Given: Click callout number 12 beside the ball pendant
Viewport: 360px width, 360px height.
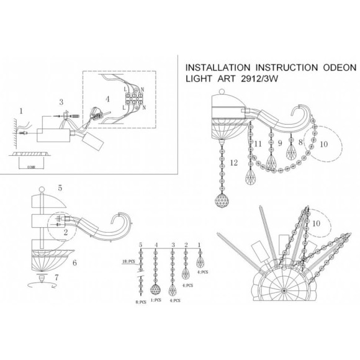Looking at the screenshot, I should (233, 163).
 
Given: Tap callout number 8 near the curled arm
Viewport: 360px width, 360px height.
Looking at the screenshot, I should (301, 142).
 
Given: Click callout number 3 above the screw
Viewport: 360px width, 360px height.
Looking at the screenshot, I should (60, 102).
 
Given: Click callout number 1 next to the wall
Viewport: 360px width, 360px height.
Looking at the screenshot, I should (20, 112).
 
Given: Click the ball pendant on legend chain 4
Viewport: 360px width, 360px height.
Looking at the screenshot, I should (156, 290).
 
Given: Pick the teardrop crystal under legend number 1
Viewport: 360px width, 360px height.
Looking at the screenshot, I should (199, 255).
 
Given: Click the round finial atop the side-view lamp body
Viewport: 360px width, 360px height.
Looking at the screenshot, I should (42, 189).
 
